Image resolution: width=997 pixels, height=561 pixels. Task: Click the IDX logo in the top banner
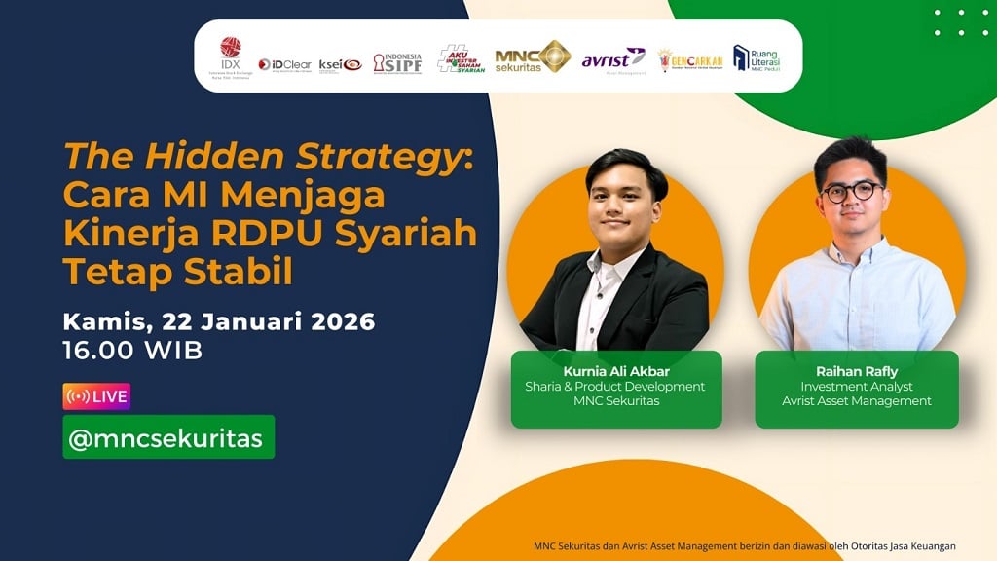point(231,56)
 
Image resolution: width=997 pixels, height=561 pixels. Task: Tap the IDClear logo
point(284,64)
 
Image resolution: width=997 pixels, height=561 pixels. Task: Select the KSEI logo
point(340,64)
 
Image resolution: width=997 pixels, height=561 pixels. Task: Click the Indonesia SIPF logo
point(397,62)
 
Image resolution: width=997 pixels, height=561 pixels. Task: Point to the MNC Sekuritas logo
point(532,57)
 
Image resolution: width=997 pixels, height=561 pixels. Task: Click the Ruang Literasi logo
point(756,59)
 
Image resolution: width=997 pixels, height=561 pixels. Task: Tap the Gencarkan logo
point(689,60)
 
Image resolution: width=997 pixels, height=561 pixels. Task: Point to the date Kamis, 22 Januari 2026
point(219,321)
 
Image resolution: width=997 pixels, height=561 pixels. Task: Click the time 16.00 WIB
point(132,351)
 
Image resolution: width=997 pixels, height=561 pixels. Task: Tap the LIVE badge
point(96,396)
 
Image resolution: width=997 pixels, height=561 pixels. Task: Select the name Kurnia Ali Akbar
point(616,371)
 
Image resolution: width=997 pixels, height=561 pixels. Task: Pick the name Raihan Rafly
point(857,371)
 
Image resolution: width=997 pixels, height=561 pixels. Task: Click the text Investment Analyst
point(857,386)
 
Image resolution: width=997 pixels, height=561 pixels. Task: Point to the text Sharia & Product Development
point(616,386)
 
